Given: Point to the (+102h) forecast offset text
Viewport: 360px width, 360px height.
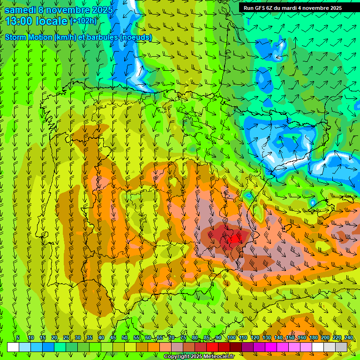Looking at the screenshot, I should pos(83,21).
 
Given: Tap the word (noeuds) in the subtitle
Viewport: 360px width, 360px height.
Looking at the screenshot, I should pos(136,37).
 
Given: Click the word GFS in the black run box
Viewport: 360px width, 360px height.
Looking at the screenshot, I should pos(259,8).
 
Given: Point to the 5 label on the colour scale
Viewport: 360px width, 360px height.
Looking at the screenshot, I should pos(18,338).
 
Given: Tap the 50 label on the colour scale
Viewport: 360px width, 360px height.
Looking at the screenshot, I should pos(124,338).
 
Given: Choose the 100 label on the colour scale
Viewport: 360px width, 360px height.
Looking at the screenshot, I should pos(231,338).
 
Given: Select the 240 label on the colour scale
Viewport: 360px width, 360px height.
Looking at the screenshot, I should pos(348,338).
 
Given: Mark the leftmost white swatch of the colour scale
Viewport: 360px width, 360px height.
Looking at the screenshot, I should pos(13,347).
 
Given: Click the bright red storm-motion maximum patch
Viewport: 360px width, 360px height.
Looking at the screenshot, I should pos(234,239).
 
